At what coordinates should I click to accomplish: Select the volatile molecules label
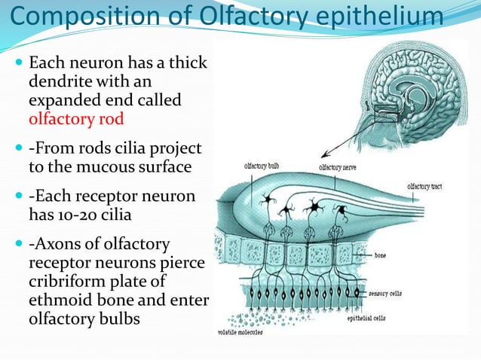pos(240,331)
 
